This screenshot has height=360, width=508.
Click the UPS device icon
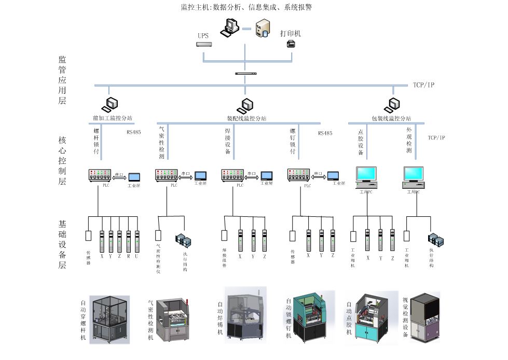tap(205, 44)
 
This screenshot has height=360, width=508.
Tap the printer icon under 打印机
tap(291, 45)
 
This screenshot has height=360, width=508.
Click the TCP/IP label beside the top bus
tap(423, 85)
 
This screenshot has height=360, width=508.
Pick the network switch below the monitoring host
tap(245, 73)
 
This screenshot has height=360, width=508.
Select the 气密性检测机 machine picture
tap(174, 319)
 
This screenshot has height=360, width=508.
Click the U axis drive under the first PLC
tap(137, 240)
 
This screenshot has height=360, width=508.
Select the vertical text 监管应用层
tap(62, 80)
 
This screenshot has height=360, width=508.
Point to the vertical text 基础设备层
tap(62, 244)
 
